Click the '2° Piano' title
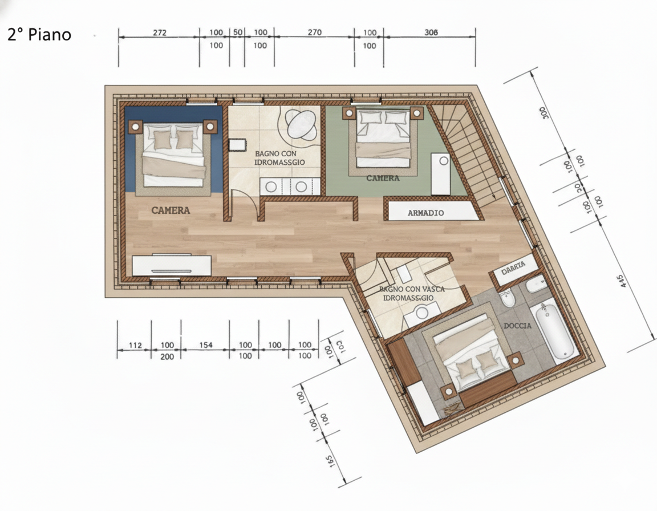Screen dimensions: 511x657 pyautogui.click(x=39, y=34)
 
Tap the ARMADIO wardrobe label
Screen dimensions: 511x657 pyautogui.click(x=426, y=213)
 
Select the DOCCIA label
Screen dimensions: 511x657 pyautogui.click(x=518, y=326)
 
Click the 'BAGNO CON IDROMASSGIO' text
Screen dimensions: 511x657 pyautogui.click(x=279, y=158)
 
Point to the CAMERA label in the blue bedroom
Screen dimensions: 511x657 pyautogui.click(x=171, y=210)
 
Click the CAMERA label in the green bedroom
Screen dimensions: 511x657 pyautogui.click(x=383, y=178)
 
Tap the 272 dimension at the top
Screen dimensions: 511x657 pyautogui.click(x=160, y=33)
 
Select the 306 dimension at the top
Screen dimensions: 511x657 pyautogui.click(x=432, y=33)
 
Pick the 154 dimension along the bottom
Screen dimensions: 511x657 pyautogui.click(x=205, y=345)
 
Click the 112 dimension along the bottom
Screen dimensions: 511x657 pyautogui.click(x=135, y=345)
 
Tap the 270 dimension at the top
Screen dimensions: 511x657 pyautogui.click(x=314, y=33)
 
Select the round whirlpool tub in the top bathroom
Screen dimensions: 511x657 pyautogui.click(x=302, y=124)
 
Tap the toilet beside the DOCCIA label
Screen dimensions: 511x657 pyautogui.click(x=508, y=298)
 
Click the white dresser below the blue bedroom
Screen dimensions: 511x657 pyautogui.click(x=172, y=266)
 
